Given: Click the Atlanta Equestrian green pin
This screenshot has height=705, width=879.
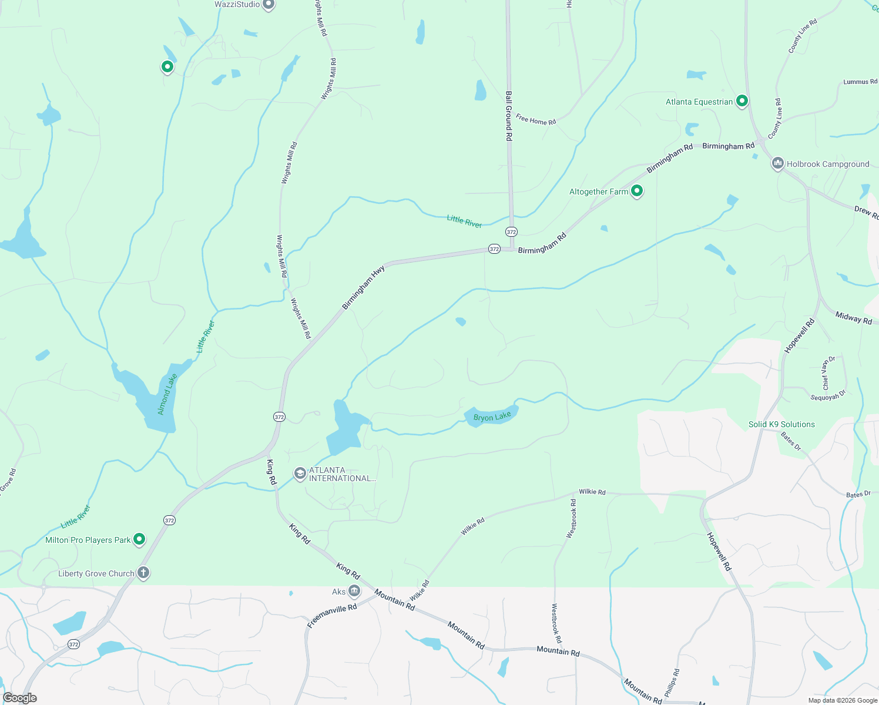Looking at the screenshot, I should point(742,101).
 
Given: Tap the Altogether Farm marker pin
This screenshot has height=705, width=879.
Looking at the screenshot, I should point(636,191).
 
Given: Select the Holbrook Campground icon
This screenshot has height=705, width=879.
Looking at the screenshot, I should point(778,163).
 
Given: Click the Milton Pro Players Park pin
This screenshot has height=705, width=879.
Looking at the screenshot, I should point(139,539).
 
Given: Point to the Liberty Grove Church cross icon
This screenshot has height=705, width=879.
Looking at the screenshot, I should point(143,573).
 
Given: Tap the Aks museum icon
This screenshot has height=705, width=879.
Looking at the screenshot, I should point(354,590).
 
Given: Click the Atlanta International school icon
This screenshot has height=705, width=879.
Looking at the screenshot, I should point(300,474).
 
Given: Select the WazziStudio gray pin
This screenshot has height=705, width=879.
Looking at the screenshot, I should point(269,4).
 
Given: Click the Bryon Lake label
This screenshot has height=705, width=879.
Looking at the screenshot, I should point(492,417).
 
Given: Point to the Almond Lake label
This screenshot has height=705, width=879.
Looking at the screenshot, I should point(167,394).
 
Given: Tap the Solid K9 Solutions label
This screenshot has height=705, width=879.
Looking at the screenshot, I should point(781,424).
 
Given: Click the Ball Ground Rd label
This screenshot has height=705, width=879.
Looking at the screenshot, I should point(509,115).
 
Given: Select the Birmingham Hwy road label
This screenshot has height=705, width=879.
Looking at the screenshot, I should point(364,287).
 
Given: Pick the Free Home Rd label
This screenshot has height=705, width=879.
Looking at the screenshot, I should point(536,120).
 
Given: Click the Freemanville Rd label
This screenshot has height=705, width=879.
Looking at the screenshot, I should point(332,616).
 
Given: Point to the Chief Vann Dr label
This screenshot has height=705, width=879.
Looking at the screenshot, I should point(828,373).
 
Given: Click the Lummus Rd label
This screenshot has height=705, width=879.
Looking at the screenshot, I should point(860,82).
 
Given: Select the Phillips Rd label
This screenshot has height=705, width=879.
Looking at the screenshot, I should point(672,683).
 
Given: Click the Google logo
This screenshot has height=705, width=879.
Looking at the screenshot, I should point(20,698).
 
